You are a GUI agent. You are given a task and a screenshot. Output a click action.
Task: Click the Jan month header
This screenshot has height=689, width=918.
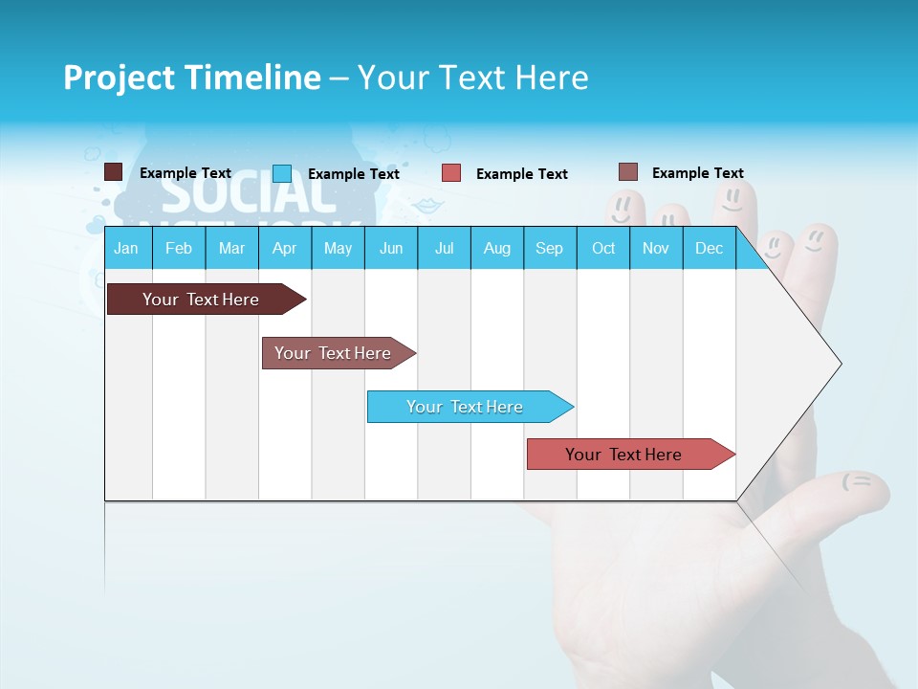pyautogui.click(x=126, y=248)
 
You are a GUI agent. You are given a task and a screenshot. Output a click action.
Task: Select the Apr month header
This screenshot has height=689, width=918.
pyautogui.click(x=284, y=248)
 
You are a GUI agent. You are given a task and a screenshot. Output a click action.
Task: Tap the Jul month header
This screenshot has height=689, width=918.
pyautogui.click(x=444, y=248)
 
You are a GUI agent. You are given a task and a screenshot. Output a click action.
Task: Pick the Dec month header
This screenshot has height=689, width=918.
pyautogui.click(x=709, y=248)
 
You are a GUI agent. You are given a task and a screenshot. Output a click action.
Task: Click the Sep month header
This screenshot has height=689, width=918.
pyautogui.click(x=549, y=248)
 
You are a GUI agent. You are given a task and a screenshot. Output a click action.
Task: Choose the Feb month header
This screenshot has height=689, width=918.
pyautogui.click(x=178, y=248)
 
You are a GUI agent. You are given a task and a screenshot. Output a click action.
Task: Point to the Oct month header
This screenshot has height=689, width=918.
pyautogui.click(x=603, y=248)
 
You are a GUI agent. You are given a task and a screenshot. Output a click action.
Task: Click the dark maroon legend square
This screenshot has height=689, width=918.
pyautogui.click(x=113, y=172)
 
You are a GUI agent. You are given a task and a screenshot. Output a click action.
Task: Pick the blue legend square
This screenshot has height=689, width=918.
pyautogui.click(x=281, y=173)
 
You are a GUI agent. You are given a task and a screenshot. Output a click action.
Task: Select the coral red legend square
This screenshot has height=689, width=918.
pyautogui.click(x=451, y=173)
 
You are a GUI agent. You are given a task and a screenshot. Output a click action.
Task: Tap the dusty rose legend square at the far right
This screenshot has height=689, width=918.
pyautogui.click(x=627, y=172)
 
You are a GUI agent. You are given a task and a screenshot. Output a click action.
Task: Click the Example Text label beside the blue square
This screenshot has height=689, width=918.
pyautogui.click(x=353, y=174)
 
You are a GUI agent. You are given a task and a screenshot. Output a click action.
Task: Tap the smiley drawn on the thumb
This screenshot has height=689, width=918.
pyautogui.click(x=858, y=481)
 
